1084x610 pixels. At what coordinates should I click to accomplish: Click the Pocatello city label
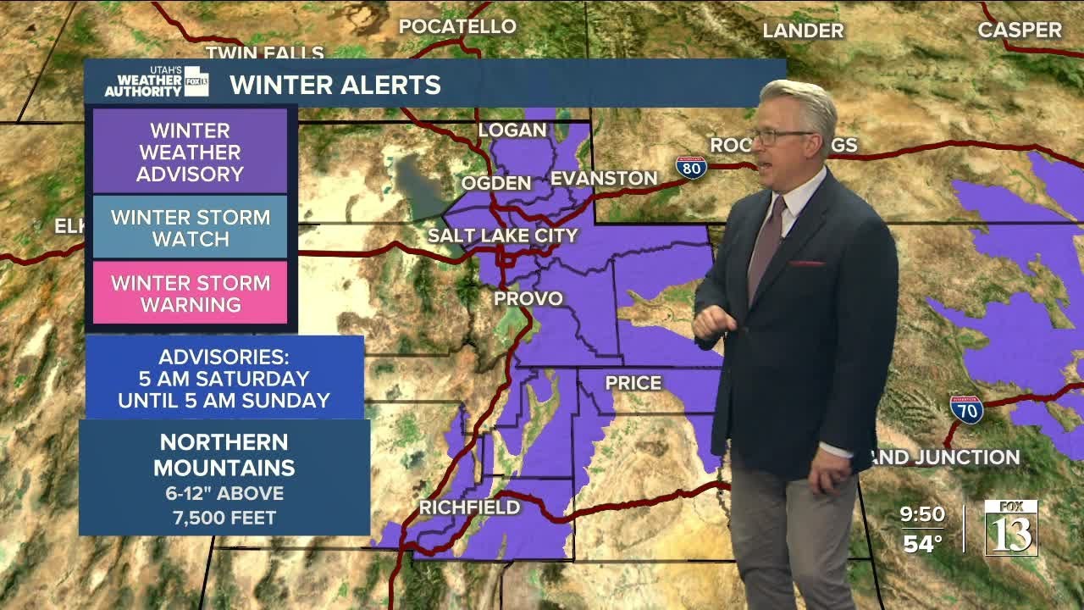point(457,26)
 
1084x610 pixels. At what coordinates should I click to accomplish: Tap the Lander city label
point(803,31)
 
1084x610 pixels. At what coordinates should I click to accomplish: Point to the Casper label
point(1019,30)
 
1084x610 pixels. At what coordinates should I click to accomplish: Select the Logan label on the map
point(512,130)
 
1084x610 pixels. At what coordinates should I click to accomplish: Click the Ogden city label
point(496,183)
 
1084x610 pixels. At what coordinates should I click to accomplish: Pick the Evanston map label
point(604,179)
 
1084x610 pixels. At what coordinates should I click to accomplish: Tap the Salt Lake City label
point(502,236)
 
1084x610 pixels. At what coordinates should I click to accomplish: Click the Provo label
point(528,298)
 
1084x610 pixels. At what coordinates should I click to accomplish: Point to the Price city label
point(633,383)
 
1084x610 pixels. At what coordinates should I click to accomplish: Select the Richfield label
point(469,507)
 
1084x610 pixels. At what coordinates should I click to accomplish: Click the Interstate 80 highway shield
point(691,167)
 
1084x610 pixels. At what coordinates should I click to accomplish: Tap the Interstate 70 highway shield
point(966,409)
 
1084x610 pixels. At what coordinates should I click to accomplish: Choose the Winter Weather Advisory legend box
point(190,152)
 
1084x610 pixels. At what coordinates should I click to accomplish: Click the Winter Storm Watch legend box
point(190,227)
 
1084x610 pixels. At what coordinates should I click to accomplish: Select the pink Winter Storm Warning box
point(190,293)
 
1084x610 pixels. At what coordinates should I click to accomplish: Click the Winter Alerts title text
point(335,85)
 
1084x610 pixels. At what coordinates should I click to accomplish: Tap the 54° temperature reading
point(922,543)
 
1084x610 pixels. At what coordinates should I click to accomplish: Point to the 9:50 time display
point(922,513)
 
